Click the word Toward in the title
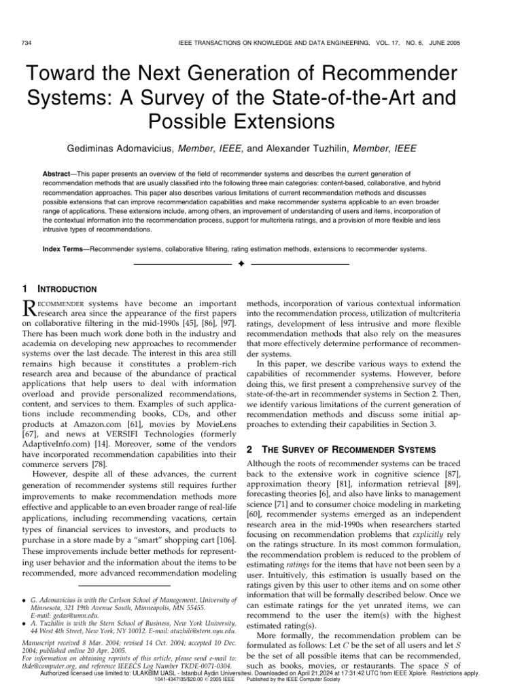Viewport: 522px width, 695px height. [62, 76]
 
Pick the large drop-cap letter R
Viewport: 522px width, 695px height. [32, 308]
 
